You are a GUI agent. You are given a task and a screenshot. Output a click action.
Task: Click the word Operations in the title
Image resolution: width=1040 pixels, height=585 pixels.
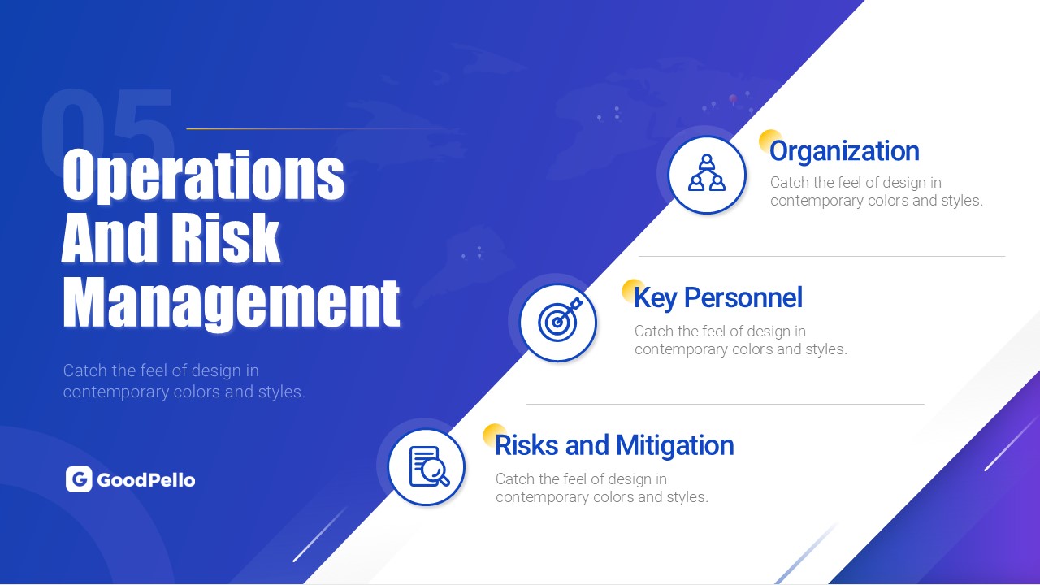203,175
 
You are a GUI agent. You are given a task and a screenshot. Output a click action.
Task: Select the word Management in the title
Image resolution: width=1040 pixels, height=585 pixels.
232,304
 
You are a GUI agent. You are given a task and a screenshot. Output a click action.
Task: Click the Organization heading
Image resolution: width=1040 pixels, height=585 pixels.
844,151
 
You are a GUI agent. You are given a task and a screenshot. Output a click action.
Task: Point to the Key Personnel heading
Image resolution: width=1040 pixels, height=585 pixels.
718,298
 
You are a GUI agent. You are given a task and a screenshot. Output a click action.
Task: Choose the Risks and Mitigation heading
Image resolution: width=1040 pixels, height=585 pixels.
614,446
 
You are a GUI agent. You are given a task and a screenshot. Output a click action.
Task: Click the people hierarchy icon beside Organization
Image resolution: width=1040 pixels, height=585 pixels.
707,173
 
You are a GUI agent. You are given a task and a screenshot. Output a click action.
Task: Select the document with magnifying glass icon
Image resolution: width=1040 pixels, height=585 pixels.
429,466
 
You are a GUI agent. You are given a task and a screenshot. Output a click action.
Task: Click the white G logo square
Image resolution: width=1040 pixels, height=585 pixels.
79,479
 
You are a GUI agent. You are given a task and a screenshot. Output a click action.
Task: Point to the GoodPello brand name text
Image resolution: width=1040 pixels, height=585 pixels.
146,480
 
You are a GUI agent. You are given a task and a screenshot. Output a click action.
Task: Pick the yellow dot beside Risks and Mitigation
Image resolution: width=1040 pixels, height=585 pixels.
494,435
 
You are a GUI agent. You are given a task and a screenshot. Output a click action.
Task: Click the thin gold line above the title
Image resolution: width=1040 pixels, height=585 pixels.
316,128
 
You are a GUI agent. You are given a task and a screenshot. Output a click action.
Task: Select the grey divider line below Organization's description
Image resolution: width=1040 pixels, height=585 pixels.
821,256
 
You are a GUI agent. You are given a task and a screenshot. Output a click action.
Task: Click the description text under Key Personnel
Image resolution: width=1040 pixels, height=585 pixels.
741,340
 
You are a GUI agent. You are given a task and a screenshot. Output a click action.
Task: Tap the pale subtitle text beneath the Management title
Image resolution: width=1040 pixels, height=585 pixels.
184,381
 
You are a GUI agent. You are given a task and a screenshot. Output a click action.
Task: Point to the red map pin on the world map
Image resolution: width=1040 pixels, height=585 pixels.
733,99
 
